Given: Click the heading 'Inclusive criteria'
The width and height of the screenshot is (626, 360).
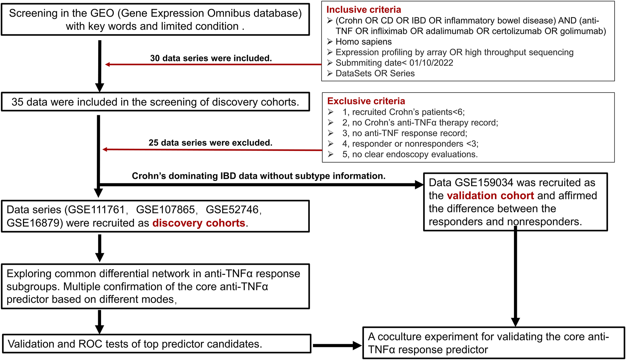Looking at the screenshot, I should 364,10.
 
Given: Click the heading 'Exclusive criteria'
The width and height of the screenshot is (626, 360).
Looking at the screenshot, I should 366,101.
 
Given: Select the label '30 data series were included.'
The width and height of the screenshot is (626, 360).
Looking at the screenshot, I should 211,58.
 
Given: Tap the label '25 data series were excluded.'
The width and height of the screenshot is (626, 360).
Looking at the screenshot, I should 210,143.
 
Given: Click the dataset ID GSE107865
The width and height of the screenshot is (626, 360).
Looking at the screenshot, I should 165,210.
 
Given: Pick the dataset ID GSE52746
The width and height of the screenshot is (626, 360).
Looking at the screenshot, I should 232,210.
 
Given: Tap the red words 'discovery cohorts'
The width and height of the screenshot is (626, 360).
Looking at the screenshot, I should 199,223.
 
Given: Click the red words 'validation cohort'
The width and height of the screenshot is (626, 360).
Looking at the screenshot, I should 490,196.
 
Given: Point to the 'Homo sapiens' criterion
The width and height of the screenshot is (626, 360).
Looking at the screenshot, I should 364,42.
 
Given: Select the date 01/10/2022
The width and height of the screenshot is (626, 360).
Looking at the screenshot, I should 431,63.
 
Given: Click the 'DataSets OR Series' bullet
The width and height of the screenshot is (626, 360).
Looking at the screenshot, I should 375,73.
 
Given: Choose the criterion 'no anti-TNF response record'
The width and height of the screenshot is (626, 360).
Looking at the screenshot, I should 409,133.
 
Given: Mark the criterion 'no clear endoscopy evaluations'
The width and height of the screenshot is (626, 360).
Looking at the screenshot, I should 415,154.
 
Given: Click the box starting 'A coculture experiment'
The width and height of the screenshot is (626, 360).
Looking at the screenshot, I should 493,343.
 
